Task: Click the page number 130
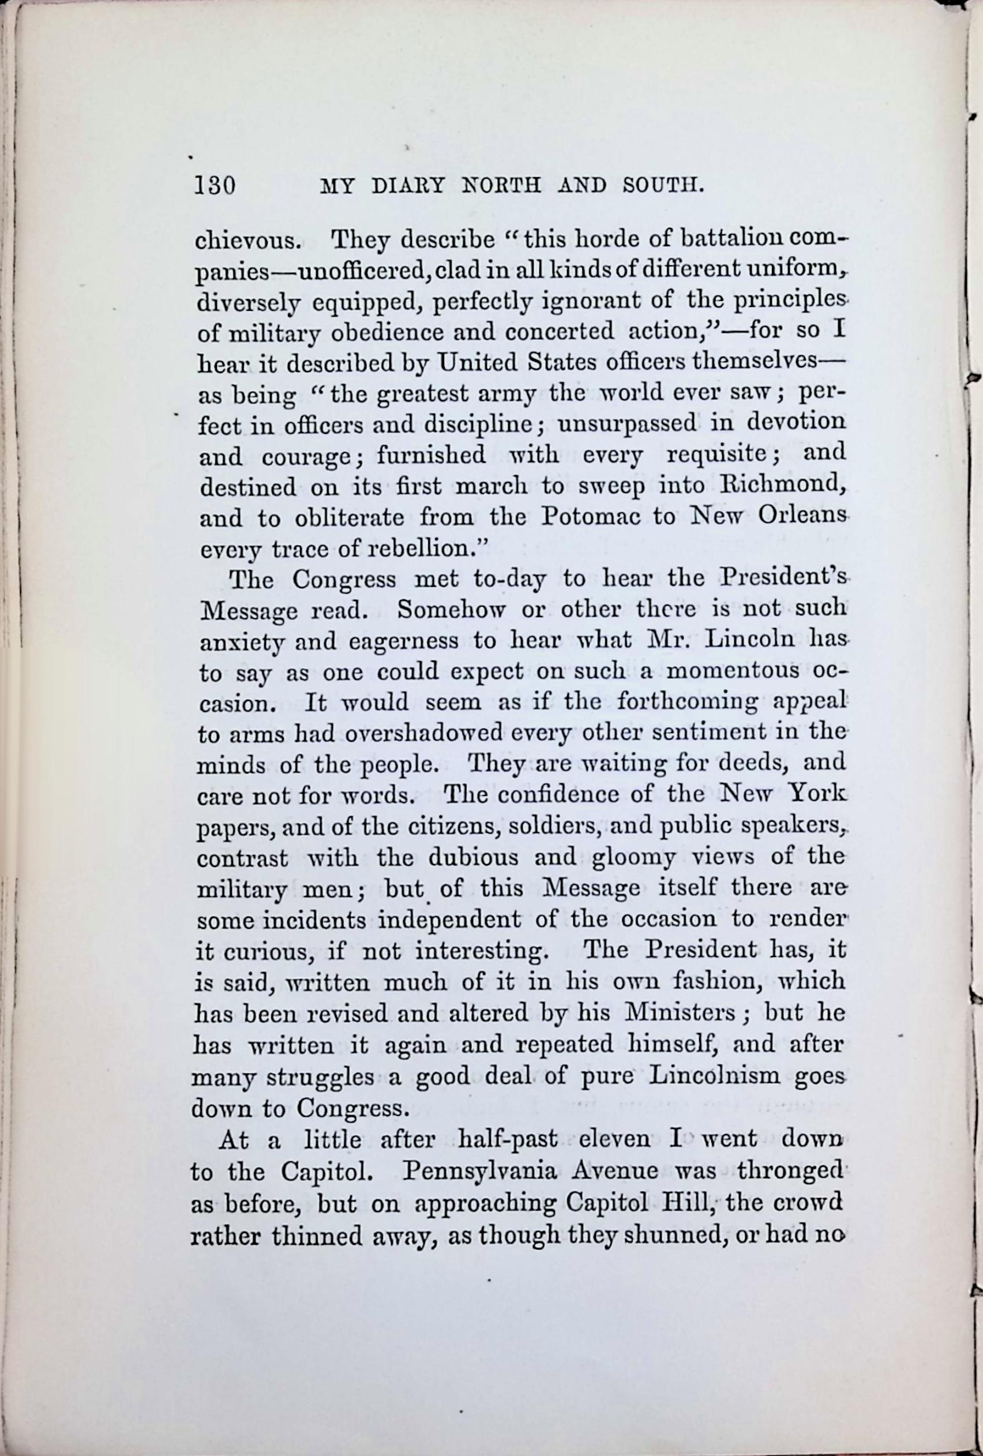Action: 214,186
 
